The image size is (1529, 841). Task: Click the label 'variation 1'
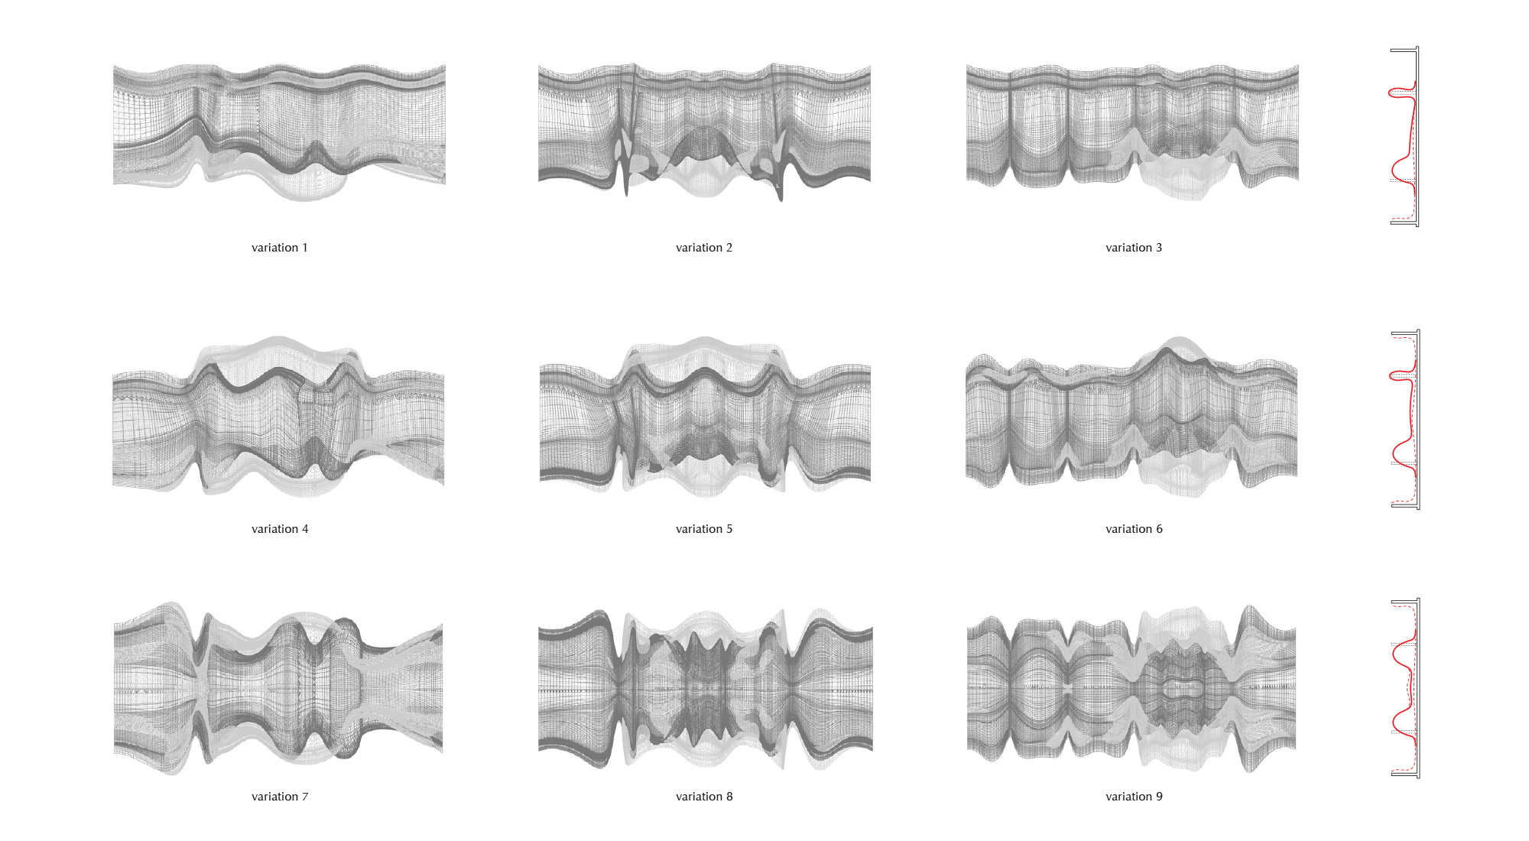[x=280, y=248]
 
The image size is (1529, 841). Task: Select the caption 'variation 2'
[x=704, y=248]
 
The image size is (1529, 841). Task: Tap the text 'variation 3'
[x=1134, y=248]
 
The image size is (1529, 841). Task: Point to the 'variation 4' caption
[x=280, y=529]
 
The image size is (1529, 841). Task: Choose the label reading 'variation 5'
[x=704, y=529]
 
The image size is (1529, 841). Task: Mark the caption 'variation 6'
[x=1134, y=529]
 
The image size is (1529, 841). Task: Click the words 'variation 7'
[x=280, y=797]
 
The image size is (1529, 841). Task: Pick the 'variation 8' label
[x=704, y=797]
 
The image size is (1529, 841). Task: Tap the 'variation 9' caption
[x=1134, y=797]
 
